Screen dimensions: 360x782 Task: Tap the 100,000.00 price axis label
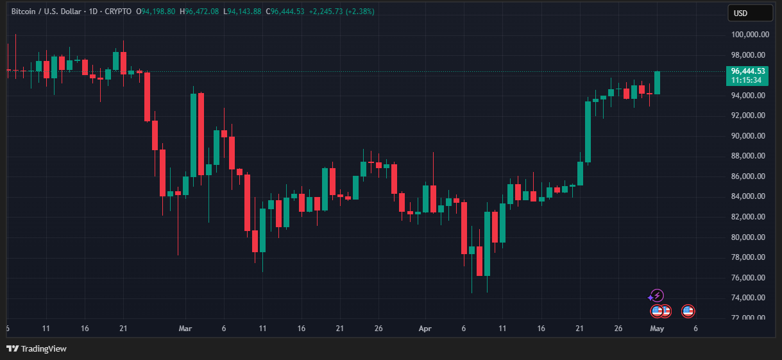tap(749, 35)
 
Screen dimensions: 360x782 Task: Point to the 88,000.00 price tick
tap(749, 156)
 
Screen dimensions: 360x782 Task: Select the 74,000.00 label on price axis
tap(749, 298)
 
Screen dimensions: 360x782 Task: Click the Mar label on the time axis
tap(185, 329)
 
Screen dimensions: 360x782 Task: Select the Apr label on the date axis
tap(424, 329)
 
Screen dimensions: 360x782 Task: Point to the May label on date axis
tap(657, 329)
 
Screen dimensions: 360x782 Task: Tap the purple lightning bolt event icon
tap(657, 296)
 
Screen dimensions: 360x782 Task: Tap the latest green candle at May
tap(657, 83)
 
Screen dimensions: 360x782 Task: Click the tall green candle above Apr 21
tap(588, 132)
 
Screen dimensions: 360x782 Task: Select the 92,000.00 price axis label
tap(749, 116)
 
